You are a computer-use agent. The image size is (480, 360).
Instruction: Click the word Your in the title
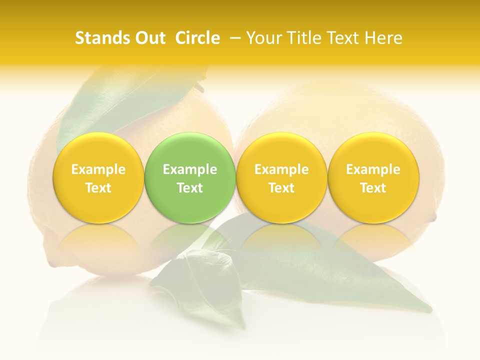[262, 38]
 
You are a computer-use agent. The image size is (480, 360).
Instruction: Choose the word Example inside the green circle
[190, 169]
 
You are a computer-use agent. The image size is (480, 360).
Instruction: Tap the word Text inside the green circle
[190, 188]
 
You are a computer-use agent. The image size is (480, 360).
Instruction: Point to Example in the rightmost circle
[373, 169]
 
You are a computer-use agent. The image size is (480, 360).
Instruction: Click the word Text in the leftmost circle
[98, 188]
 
